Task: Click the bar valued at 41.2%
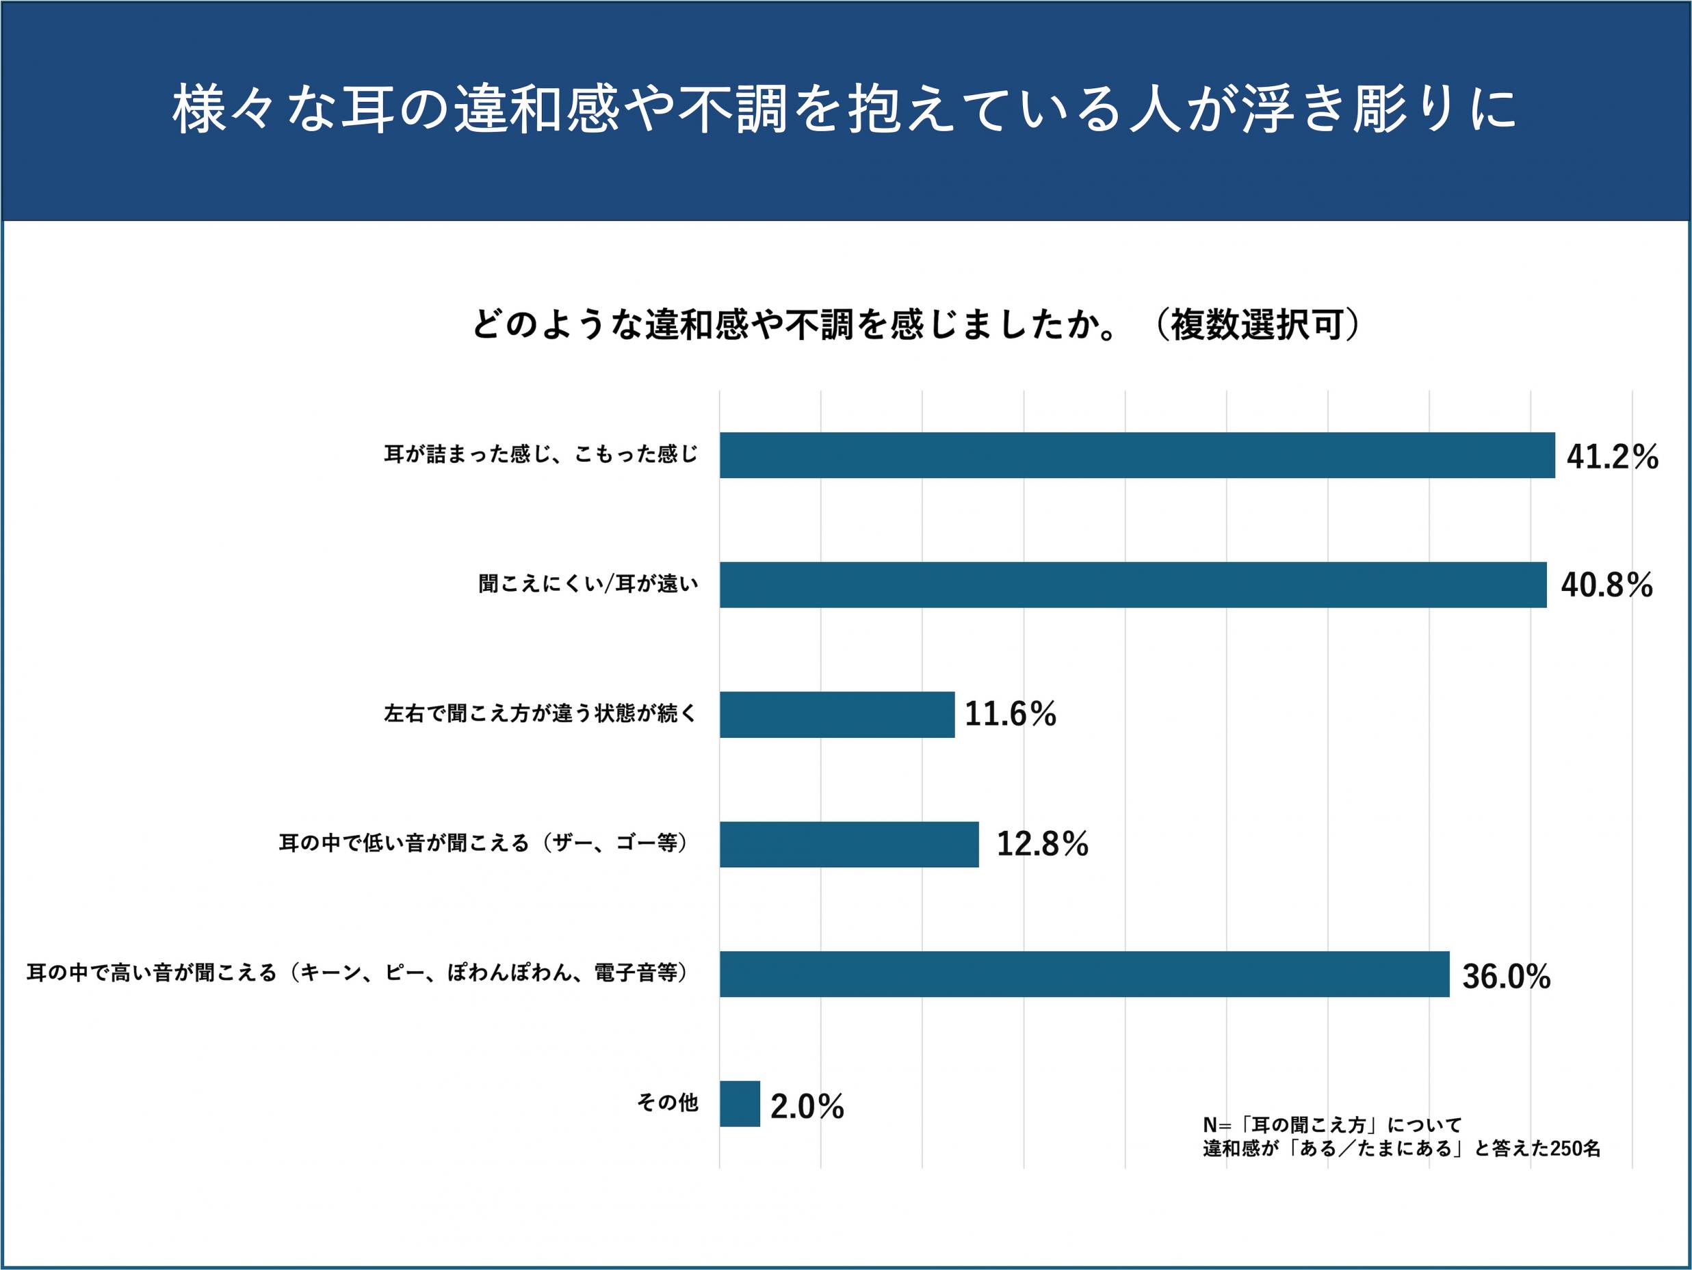(1136, 455)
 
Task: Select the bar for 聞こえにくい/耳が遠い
(1132, 585)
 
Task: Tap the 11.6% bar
(837, 714)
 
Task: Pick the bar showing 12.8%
(849, 844)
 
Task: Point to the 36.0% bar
(1084, 973)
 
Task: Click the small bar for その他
(740, 1103)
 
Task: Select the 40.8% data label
(1606, 587)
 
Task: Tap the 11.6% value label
(1011, 715)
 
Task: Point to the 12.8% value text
(1042, 845)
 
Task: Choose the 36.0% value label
(1506, 977)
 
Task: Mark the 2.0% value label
(807, 1107)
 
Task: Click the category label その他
(668, 1102)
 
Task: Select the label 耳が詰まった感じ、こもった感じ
(541, 455)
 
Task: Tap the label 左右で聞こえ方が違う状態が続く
(541, 714)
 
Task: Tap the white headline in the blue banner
(845, 111)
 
